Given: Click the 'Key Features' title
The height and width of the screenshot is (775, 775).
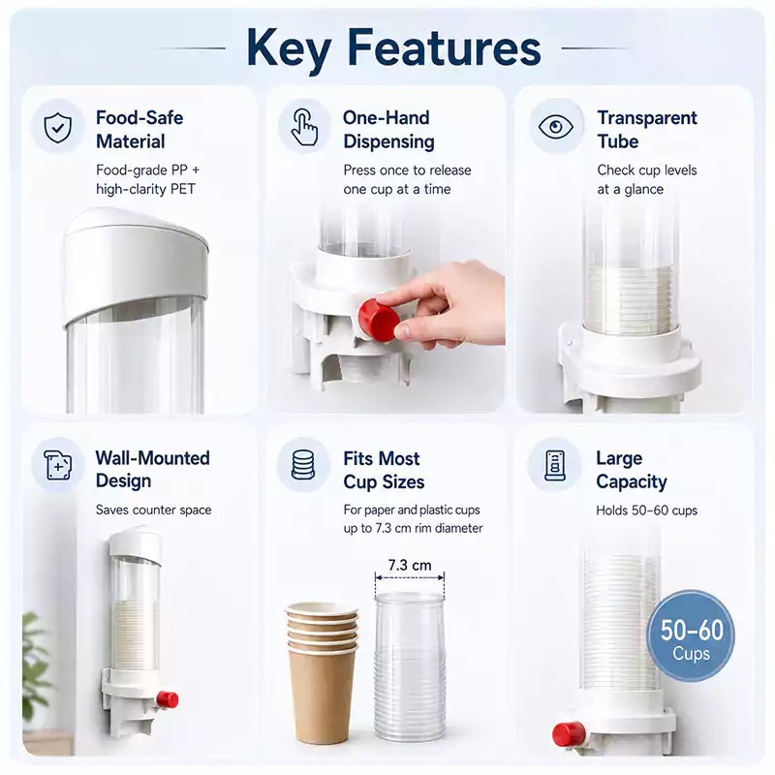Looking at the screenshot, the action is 393,47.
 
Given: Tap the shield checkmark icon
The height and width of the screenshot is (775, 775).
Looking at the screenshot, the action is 58,127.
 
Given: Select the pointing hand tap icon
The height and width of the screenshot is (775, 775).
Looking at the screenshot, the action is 304,127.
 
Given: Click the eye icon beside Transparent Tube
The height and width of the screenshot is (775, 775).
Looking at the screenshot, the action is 556,127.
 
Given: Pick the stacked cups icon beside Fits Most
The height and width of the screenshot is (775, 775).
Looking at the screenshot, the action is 303,465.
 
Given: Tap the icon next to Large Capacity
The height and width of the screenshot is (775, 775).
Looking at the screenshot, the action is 554,465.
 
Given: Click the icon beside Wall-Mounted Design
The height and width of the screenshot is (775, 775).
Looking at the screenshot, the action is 58,465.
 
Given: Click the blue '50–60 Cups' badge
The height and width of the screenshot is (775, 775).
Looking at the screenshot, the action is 691,636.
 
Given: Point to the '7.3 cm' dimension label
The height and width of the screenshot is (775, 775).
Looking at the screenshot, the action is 410,565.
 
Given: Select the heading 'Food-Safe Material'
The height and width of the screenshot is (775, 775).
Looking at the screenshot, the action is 139,130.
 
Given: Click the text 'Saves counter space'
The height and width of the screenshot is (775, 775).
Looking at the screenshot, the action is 153,510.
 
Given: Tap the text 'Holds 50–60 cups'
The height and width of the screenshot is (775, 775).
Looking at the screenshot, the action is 646,511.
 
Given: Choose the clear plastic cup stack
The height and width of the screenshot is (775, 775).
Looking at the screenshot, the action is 410,666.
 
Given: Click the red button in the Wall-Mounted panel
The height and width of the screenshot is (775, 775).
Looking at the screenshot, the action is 168,699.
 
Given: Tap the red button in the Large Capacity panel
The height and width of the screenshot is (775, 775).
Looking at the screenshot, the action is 569,734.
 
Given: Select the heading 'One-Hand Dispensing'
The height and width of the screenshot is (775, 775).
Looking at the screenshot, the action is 388,130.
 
